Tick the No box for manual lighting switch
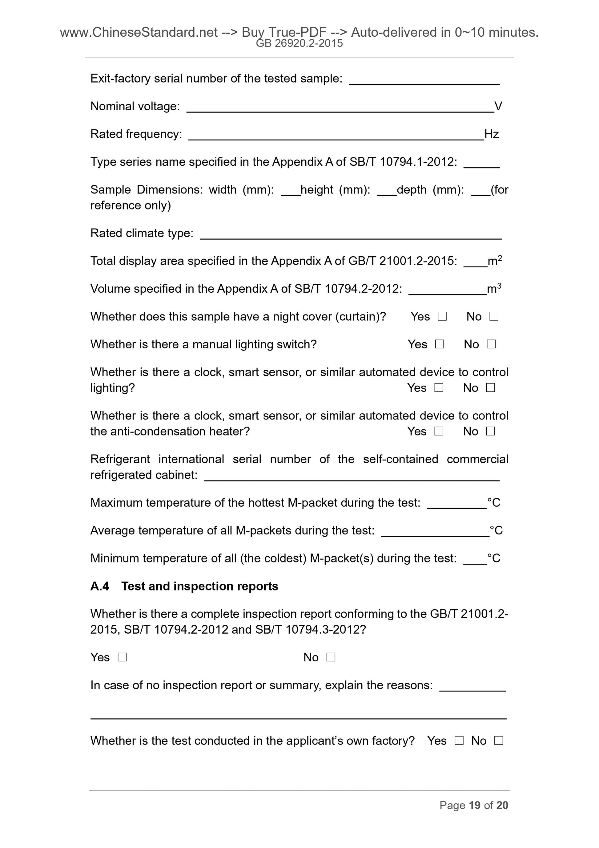[x=491, y=344]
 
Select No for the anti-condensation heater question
[x=490, y=431]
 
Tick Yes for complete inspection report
[x=122, y=657]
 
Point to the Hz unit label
[x=492, y=134]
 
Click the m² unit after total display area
[x=495, y=261]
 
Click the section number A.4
[x=100, y=586]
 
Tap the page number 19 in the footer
[x=474, y=805]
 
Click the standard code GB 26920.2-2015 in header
[x=299, y=43]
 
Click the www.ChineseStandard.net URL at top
[x=139, y=33]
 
